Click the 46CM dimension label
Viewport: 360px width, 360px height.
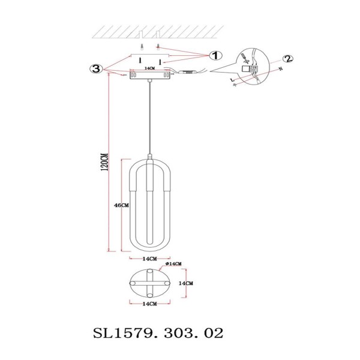[x=121, y=205]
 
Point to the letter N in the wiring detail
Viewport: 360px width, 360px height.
[x=279, y=70]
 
